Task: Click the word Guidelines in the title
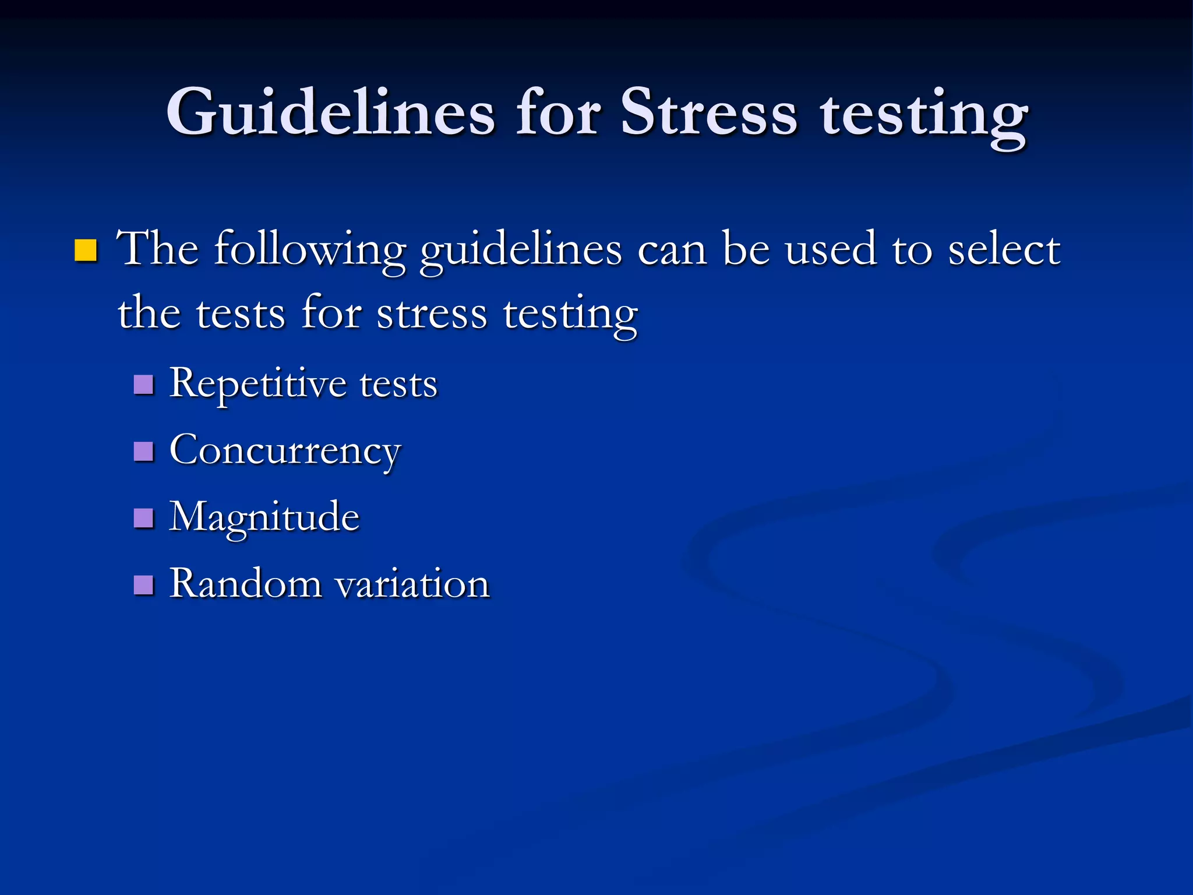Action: coord(330,112)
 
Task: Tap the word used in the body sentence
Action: coord(830,249)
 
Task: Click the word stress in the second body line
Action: coord(432,314)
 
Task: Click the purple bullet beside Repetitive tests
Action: coord(143,385)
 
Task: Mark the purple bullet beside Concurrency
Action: coord(143,451)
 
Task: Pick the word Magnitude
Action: coord(264,517)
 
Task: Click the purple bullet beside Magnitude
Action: coord(143,517)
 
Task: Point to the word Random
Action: coord(245,583)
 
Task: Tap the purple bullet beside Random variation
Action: coord(143,584)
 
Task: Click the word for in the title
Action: coord(557,112)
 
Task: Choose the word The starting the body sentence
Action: coord(157,249)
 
